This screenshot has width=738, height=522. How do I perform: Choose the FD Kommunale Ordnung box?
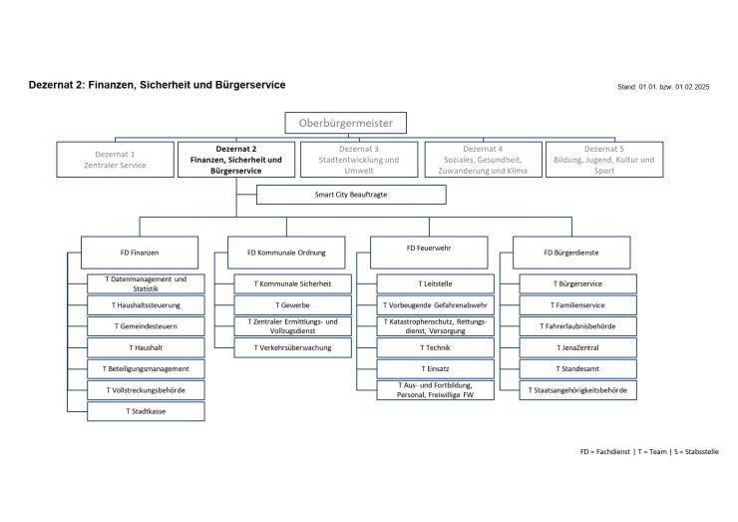[x=284, y=253]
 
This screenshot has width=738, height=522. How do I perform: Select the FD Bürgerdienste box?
[x=571, y=253]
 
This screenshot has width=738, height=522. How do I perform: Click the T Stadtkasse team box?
[x=147, y=411]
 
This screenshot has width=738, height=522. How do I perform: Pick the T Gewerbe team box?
[x=292, y=304]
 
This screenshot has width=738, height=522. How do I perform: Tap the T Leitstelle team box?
[x=435, y=283]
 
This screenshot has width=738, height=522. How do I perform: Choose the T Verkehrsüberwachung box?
[x=292, y=347]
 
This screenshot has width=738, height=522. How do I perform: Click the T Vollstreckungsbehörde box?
[x=147, y=389]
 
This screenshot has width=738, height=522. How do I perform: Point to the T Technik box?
[x=435, y=347]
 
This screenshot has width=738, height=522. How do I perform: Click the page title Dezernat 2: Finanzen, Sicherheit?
[x=157, y=85]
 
